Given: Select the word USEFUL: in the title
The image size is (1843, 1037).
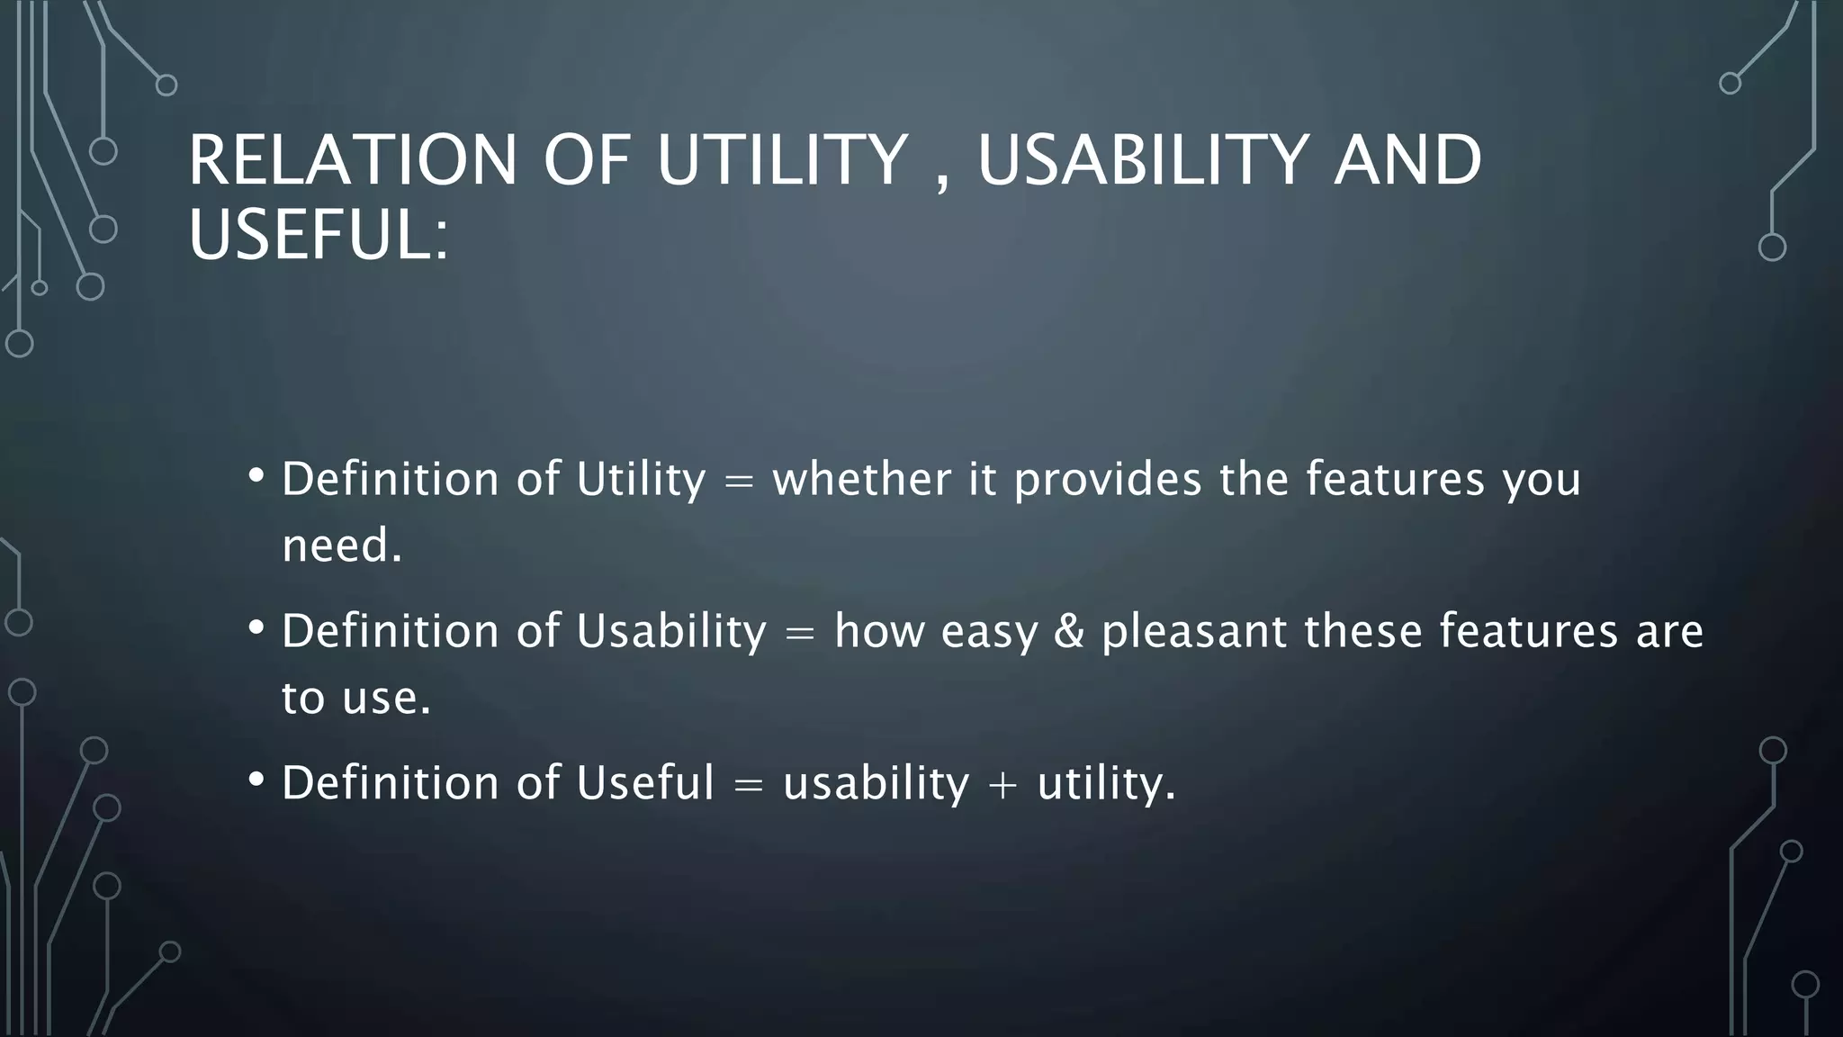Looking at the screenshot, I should click(318, 235).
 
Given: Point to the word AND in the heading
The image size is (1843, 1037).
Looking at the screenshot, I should click(1407, 160).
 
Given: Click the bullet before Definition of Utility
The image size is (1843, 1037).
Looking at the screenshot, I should click(256, 475).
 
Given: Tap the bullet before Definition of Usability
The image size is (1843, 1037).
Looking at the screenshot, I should click(256, 627).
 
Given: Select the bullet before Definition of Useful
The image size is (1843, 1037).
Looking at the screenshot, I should click(256, 780).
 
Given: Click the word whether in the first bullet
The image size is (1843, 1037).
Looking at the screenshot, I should click(861, 478).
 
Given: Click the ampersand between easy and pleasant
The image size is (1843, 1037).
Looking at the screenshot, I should click(1069, 630).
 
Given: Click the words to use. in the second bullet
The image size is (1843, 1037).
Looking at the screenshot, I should click(356, 698).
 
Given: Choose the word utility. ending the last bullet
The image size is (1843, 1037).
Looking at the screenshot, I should click(1107, 783).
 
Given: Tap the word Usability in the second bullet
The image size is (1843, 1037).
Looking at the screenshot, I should click(671, 632).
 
